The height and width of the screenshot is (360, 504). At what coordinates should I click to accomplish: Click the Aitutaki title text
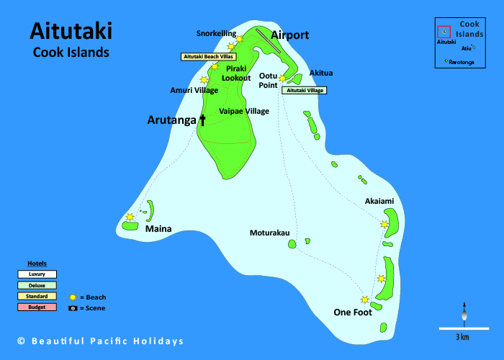tap(71, 31)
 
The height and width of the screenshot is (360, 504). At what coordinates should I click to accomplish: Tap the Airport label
tap(289, 35)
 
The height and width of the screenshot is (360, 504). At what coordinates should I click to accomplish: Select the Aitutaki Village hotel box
tap(305, 91)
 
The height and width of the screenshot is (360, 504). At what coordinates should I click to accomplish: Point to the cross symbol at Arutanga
tap(202, 120)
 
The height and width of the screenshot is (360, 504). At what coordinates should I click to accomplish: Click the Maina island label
tap(158, 229)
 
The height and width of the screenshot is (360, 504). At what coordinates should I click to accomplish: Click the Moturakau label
tap(269, 233)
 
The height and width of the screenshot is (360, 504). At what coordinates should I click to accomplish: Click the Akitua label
tap(321, 73)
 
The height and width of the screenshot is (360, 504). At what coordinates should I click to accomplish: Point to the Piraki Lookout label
tap(236, 73)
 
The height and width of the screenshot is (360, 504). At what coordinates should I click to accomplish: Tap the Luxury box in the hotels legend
tap(37, 274)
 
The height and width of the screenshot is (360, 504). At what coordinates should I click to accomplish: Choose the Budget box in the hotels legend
tap(37, 307)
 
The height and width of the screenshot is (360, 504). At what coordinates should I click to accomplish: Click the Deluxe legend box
tap(37, 285)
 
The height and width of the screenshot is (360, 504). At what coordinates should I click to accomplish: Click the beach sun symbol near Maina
tap(130, 216)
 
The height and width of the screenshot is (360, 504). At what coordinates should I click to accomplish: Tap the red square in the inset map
tap(444, 32)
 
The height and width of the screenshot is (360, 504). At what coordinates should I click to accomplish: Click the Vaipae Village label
tap(243, 112)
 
